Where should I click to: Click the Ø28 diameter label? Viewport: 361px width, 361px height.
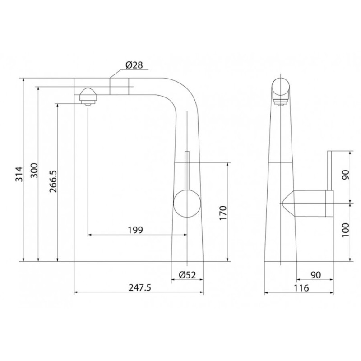(134, 65)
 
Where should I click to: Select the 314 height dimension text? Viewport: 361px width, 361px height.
(19, 174)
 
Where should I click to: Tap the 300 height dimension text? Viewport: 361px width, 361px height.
(34, 171)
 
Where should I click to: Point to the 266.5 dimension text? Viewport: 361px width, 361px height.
(53, 181)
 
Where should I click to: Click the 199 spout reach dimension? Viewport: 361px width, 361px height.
(135, 230)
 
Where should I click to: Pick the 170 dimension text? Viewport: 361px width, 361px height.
(223, 213)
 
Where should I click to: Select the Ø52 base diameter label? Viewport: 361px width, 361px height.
(187, 275)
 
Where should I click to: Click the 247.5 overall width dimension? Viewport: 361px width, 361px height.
(140, 287)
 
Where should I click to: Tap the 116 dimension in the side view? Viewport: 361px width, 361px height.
(301, 288)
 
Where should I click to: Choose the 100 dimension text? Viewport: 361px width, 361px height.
(345, 230)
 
